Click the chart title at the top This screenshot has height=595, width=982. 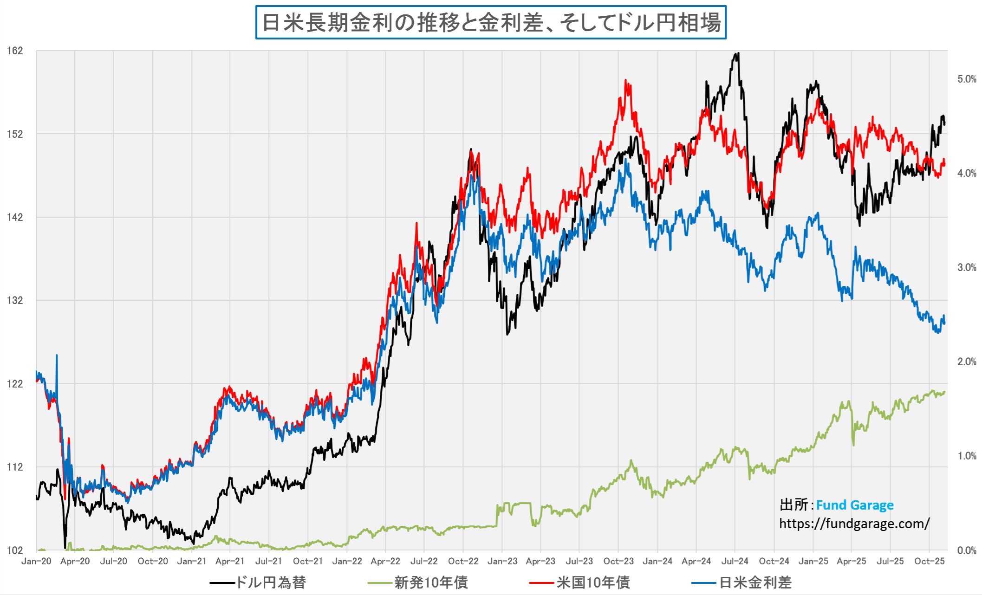[491, 22]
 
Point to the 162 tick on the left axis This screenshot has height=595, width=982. [15, 51]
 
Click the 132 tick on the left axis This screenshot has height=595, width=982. [15, 300]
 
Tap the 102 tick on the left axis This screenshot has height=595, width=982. [15, 550]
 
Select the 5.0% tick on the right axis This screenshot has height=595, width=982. [967, 79]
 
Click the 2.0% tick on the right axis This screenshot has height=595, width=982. [967, 362]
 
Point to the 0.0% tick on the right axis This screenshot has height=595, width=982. [967, 550]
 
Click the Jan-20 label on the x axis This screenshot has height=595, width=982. [36, 561]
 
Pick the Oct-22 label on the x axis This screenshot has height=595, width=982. [463, 561]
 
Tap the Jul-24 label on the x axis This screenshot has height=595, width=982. [735, 561]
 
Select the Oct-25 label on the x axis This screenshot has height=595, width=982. [929, 561]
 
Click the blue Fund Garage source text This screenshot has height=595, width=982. [854, 505]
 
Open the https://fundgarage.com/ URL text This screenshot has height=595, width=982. [854, 524]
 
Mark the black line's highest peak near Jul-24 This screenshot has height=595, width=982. [737, 54]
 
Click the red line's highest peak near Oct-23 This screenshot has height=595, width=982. [626, 80]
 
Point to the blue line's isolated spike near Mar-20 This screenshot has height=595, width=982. [57, 356]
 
